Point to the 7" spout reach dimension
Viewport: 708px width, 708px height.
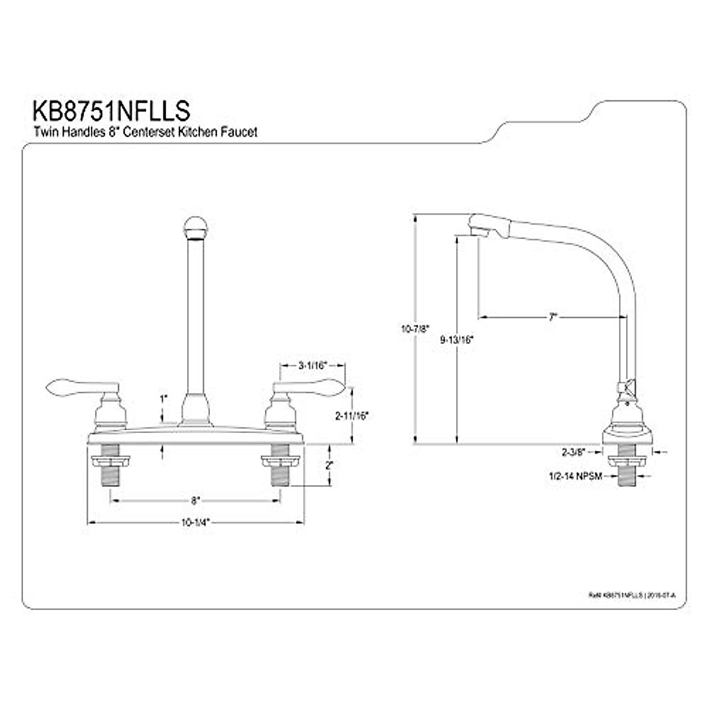point(552,317)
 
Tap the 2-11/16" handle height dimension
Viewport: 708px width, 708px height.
point(352,415)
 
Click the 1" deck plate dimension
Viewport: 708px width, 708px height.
point(163,399)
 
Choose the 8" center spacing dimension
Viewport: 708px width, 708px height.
point(196,500)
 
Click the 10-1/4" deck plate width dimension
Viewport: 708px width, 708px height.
point(196,522)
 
